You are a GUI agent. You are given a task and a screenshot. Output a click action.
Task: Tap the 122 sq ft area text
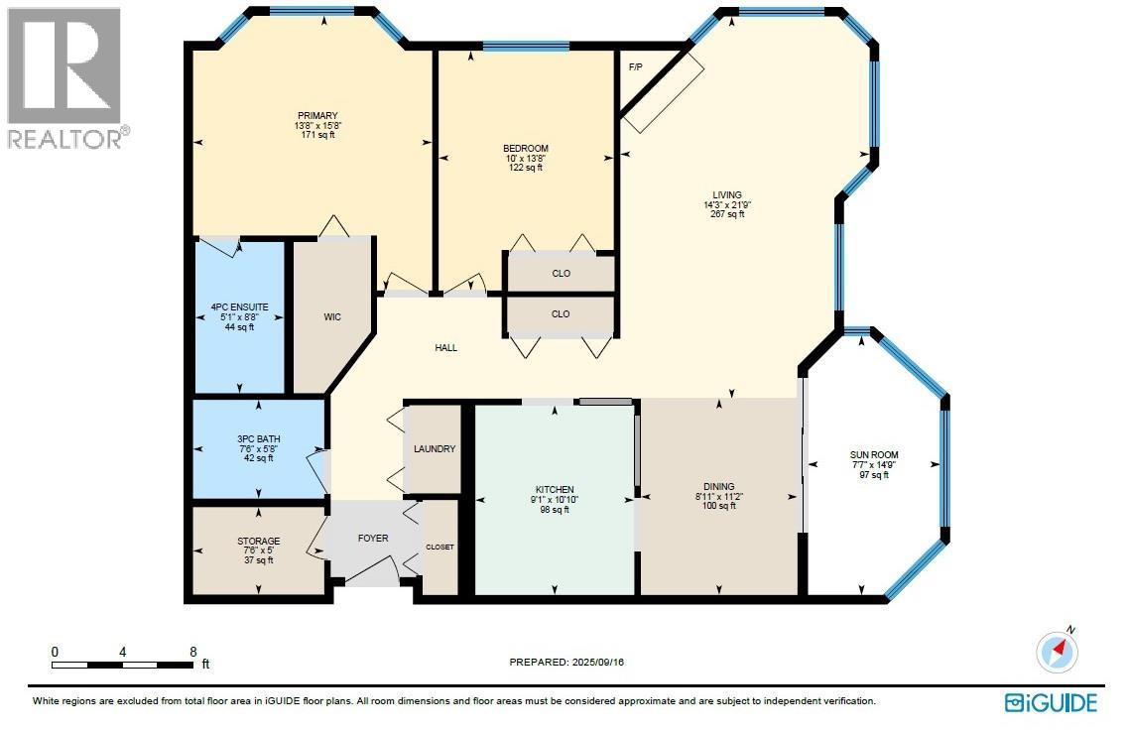point(525,168)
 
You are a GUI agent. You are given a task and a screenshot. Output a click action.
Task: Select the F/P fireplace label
point(636,66)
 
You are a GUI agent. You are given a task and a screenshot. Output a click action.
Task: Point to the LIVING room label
point(726,195)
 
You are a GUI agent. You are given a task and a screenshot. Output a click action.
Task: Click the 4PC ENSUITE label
point(238,306)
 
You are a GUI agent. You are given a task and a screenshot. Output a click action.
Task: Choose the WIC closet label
point(332,317)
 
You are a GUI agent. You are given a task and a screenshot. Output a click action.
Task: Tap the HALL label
point(446,348)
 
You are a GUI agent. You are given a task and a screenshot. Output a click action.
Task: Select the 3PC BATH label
point(258,438)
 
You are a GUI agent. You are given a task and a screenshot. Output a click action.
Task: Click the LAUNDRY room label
point(435,449)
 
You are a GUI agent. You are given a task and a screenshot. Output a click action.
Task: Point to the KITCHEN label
point(555,489)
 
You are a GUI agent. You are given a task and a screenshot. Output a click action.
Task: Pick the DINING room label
point(719,488)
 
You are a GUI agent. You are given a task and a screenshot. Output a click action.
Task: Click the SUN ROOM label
point(874,455)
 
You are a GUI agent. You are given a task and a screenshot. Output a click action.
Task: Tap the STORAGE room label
point(258,542)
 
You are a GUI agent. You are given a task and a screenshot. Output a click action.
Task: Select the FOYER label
point(372,539)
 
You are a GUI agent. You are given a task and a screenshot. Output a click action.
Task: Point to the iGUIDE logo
point(1052,702)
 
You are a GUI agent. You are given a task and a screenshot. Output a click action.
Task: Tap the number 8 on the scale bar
point(192,652)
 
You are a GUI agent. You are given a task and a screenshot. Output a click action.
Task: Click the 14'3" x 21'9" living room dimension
point(726,205)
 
